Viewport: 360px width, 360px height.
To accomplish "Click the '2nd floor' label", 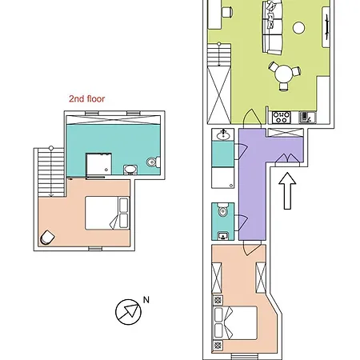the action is [86, 98].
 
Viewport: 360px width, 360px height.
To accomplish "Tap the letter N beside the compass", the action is [146, 300].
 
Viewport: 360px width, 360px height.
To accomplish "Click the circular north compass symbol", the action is [128, 312].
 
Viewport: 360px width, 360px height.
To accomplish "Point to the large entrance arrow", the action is [287, 190].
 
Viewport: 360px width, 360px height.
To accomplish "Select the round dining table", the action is [284, 74].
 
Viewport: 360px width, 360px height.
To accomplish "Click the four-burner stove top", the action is [281, 118].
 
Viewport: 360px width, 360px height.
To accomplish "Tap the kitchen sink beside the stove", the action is [307, 118].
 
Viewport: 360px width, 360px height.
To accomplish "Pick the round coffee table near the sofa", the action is [298, 27].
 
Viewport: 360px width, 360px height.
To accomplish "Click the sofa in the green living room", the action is [272, 26].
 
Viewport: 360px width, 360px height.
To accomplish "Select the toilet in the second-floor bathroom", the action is [154, 162].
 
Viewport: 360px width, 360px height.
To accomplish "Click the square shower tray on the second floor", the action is [98, 164].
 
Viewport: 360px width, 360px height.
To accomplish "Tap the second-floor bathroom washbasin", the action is [130, 170].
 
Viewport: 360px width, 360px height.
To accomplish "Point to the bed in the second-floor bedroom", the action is [107, 213].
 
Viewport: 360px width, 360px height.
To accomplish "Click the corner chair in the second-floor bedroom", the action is [47, 238].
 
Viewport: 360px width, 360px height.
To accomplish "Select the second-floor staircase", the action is [51, 173].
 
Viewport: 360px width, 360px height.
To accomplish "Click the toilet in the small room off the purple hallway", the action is [222, 210].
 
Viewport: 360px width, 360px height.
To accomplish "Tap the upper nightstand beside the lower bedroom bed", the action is [218, 300].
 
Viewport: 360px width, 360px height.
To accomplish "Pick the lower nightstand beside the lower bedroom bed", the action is [218, 346].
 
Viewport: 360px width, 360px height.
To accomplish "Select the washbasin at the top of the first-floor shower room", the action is [223, 135].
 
